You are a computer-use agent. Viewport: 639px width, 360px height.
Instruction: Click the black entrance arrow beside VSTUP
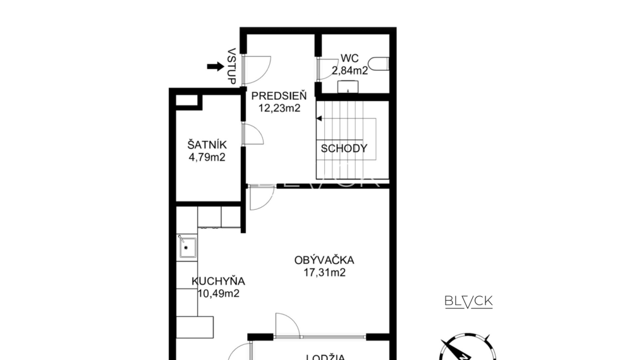tap(216, 66)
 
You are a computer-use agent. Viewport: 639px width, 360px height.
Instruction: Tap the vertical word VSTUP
tap(231, 66)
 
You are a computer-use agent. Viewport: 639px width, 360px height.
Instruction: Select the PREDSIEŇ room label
tap(279, 96)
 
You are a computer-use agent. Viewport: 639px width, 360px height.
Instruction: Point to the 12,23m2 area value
tap(279, 107)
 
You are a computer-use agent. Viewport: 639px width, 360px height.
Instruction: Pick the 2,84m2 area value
tap(350, 71)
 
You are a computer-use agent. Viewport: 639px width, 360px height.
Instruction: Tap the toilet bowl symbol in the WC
tap(379, 64)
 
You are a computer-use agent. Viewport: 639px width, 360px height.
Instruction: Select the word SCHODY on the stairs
tap(344, 149)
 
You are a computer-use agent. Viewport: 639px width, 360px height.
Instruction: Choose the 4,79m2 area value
tap(207, 157)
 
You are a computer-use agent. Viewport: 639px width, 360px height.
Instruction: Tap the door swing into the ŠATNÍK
tap(253, 135)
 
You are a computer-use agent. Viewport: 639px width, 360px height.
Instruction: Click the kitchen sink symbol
tap(187, 248)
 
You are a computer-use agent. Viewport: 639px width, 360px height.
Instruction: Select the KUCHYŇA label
tap(218, 282)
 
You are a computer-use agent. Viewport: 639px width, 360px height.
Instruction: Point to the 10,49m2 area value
tap(218, 293)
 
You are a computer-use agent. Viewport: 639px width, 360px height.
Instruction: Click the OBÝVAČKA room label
tap(324, 260)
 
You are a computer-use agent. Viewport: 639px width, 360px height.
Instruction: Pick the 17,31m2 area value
tap(324, 273)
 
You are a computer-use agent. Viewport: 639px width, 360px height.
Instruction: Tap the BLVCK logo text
tap(468, 301)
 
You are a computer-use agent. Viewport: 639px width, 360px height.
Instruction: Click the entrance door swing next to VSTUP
tap(258, 68)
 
